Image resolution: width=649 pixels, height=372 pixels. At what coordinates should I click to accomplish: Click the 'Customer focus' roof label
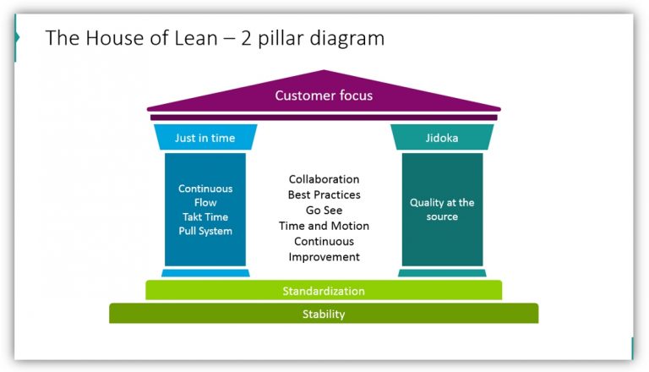[324, 96]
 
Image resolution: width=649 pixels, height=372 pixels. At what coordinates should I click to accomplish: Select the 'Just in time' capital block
[205, 137]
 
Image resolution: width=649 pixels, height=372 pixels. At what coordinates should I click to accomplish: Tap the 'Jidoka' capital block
[442, 137]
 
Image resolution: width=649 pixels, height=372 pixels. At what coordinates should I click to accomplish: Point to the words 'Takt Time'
[205, 216]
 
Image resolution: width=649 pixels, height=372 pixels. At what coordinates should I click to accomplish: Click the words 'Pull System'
[205, 231]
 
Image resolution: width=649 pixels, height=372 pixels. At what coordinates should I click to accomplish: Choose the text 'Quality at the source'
[442, 210]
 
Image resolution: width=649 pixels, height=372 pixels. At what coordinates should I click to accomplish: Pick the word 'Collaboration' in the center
[324, 179]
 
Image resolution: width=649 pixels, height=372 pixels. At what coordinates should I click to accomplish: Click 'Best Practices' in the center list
[324, 194]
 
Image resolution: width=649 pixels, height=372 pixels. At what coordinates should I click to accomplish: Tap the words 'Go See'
[324, 211]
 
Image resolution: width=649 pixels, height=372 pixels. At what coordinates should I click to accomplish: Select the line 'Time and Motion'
[324, 226]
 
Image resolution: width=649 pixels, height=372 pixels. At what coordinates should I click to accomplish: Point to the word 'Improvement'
[324, 257]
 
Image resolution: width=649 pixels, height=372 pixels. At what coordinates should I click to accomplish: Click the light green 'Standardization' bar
[324, 290]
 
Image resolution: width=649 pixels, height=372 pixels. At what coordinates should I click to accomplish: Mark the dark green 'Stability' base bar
[324, 314]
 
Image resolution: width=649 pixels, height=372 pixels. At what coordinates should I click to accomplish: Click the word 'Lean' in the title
[196, 38]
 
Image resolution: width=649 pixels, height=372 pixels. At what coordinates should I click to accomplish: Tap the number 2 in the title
[246, 38]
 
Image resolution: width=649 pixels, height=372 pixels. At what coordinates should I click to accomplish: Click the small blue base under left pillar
[205, 273]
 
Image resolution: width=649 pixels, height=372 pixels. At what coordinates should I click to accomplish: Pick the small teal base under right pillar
[442, 273]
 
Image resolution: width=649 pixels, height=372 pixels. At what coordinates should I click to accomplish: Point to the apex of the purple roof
[324, 70]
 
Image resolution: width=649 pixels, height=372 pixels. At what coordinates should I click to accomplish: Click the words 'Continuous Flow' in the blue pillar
[205, 195]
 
